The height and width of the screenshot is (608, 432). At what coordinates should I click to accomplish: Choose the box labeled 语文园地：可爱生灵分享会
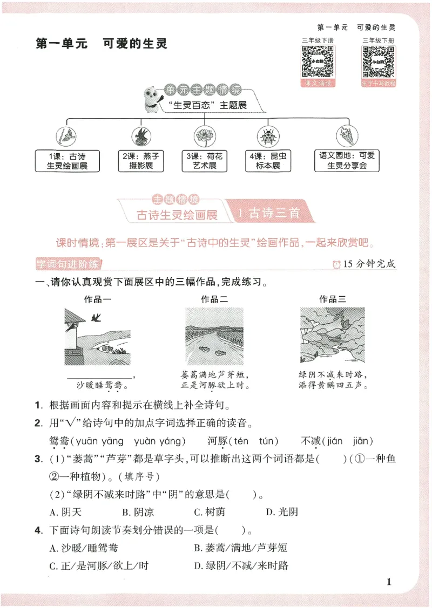click(347, 161)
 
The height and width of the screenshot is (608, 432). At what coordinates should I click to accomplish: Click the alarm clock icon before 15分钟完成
click(337, 264)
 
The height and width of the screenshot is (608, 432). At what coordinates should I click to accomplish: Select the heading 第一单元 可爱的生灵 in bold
click(102, 44)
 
